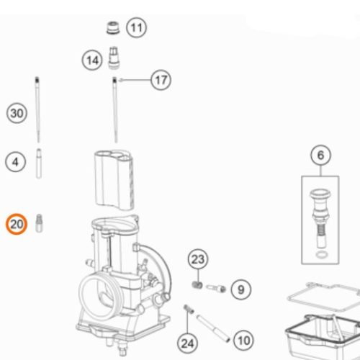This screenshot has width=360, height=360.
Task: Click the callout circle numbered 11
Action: [x=136, y=27]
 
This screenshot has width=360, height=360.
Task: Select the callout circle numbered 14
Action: [x=92, y=60]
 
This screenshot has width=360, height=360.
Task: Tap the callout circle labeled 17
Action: [x=161, y=80]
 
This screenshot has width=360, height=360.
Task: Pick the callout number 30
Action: [x=17, y=113]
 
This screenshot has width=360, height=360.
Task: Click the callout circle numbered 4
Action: [x=15, y=162]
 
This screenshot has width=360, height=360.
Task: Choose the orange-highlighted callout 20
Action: [x=17, y=224]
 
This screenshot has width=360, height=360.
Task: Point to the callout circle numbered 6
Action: [x=320, y=155]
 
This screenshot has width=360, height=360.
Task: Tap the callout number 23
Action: [x=198, y=259]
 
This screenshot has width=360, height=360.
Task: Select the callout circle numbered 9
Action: [x=241, y=289]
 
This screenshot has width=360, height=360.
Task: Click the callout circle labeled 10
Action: [x=244, y=341]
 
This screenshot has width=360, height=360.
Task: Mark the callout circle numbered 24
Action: [x=187, y=343]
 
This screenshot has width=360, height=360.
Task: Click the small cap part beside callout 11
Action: [x=113, y=28]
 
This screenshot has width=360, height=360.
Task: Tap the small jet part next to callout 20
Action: [x=39, y=223]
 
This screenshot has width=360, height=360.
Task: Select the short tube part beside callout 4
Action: [x=39, y=163]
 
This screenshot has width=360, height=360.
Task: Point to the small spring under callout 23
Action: [x=197, y=285]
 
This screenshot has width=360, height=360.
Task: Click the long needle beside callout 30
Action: [x=37, y=109]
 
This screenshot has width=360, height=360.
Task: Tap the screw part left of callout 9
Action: [x=216, y=288]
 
